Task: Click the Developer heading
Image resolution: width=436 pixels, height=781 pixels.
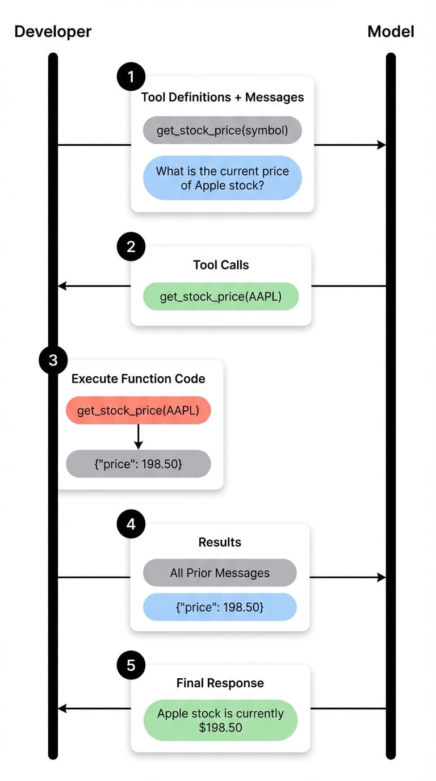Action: [x=53, y=31]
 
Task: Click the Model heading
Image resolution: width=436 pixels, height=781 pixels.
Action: [x=391, y=31]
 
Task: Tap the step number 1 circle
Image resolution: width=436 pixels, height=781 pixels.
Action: [x=131, y=77]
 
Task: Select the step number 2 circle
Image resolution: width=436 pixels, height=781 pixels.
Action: [x=131, y=247]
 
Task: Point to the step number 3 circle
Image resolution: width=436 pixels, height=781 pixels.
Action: [x=53, y=360]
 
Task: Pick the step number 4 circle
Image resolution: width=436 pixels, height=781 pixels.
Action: [x=131, y=524]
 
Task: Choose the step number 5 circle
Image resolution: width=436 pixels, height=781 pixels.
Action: [x=131, y=665]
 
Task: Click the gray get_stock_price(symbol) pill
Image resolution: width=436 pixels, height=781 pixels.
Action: [x=222, y=131]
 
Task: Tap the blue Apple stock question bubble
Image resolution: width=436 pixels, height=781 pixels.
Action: [x=222, y=178]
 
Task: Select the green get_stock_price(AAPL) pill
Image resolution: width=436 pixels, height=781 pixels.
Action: [x=221, y=296]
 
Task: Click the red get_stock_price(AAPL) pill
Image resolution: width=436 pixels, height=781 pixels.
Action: [x=138, y=410]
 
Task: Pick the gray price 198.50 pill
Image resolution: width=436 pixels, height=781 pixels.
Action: [x=138, y=464]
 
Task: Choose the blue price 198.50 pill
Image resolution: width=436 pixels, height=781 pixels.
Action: [x=220, y=607]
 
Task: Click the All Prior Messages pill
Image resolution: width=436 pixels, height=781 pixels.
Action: [x=220, y=573]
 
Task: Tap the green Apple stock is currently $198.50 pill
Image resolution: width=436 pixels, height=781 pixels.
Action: [x=220, y=720]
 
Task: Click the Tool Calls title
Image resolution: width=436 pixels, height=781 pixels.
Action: [x=221, y=264]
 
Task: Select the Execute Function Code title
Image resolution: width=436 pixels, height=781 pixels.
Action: [x=138, y=379]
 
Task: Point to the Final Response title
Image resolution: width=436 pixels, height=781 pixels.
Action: [x=220, y=683]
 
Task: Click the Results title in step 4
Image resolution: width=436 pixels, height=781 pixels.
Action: [x=220, y=542]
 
